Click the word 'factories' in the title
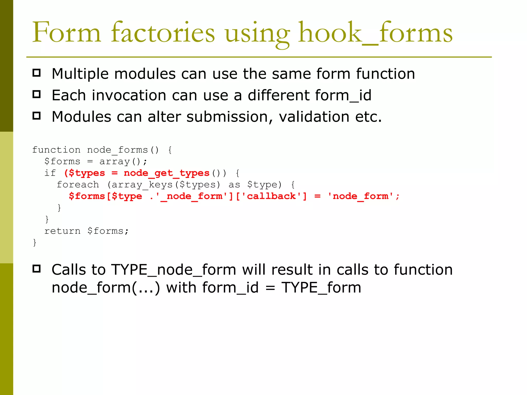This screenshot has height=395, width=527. click(163, 33)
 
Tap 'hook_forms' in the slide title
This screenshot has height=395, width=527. click(375, 33)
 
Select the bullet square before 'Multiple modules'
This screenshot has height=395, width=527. click(37, 73)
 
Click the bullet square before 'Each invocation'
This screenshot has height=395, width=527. click(37, 94)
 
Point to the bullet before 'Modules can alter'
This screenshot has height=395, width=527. click(37, 116)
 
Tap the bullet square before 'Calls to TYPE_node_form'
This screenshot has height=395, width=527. click(37, 269)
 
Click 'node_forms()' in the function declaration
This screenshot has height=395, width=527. click(123, 150)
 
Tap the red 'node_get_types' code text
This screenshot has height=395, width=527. click(166, 173)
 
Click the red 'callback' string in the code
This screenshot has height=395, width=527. click(271, 196)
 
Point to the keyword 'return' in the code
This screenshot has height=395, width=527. click(62, 231)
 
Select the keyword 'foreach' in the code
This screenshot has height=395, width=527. click(78, 185)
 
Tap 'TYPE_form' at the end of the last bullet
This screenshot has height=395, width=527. click(321, 288)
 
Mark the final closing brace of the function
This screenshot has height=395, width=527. click(35, 243)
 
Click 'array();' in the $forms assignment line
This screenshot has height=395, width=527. click(123, 161)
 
